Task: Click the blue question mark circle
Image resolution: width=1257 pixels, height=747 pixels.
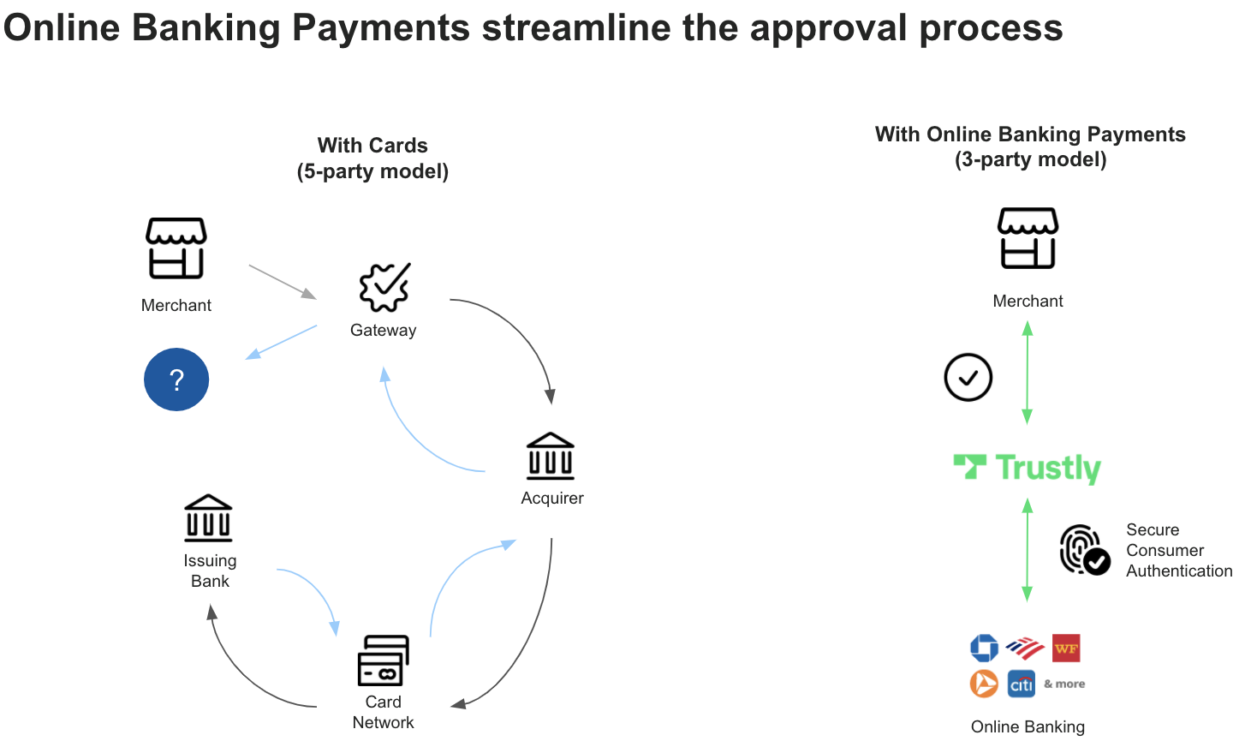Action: (x=176, y=379)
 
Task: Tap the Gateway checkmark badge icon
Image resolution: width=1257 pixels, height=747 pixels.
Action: (x=384, y=287)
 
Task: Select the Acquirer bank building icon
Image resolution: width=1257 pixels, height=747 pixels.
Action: (x=551, y=456)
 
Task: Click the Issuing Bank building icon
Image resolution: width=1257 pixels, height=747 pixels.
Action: (x=209, y=518)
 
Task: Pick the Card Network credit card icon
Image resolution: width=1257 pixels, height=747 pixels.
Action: (x=383, y=660)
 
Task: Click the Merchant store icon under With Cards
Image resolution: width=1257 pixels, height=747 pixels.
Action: (x=176, y=248)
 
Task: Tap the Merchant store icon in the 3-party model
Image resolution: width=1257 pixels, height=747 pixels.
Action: (x=1028, y=237)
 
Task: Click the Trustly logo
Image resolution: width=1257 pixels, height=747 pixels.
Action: (x=1028, y=468)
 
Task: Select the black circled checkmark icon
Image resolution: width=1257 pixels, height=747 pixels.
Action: (x=968, y=377)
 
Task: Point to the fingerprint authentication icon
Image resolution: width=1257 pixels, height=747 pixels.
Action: (x=1084, y=549)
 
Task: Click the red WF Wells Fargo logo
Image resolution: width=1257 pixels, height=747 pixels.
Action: (x=1066, y=648)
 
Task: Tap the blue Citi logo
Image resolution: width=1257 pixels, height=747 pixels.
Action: (x=1022, y=684)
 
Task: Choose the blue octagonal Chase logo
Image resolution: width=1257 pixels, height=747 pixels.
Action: (x=984, y=648)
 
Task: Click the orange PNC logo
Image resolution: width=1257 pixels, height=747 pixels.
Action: (x=984, y=684)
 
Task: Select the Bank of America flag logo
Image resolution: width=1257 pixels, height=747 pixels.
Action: (x=1024, y=648)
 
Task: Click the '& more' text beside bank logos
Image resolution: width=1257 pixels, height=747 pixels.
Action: (x=1064, y=684)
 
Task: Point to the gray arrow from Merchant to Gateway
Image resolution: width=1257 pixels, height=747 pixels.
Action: (x=283, y=282)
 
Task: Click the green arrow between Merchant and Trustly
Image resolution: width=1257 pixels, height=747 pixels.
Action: (x=1028, y=373)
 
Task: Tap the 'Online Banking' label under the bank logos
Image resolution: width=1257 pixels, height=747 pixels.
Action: (x=1028, y=726)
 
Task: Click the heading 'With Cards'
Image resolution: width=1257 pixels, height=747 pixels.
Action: (x=372, y=146)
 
